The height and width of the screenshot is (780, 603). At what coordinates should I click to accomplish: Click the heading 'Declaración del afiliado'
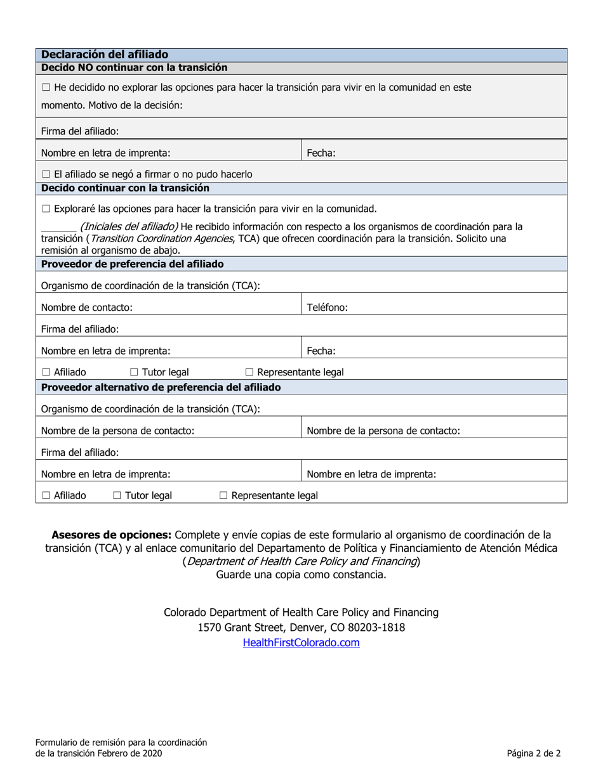point(105,55)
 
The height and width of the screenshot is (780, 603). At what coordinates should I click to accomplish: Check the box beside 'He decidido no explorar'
point(46,88)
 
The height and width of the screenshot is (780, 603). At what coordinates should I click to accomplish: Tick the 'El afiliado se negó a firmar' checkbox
point(46,174)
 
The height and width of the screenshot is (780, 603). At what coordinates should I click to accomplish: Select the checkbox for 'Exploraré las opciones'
point(46,209)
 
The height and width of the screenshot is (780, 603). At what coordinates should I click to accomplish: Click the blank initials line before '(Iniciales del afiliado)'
point(58,227)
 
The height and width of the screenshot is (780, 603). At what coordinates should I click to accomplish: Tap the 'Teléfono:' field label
point(327,307)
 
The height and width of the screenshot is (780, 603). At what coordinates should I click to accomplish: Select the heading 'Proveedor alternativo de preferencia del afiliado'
point(161,387)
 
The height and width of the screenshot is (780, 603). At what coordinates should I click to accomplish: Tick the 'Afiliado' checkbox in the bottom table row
point(46,495)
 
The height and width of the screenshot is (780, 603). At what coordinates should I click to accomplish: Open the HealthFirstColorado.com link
point(301,642)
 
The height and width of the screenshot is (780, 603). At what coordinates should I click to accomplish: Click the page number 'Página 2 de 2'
point(533,753)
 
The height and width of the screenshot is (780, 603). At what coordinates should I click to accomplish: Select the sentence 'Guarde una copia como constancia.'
point(301,575)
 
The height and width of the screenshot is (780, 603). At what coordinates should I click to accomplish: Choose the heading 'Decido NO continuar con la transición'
point(134,67)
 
